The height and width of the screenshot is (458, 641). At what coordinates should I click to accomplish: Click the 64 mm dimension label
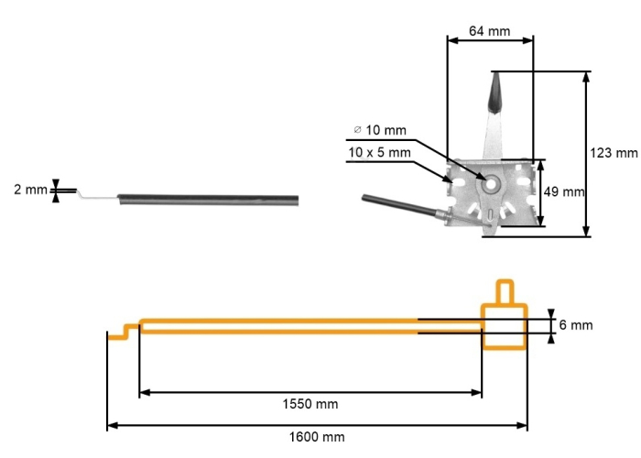(x=489, y=31)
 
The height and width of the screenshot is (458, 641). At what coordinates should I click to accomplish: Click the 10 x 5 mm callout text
(x=379, y=152)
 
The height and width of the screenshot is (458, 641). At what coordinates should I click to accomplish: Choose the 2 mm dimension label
(x=29, y=191)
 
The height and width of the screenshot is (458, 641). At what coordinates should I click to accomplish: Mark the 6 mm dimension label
(x=576, y=325)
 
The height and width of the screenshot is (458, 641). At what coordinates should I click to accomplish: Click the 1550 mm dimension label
(x=310, y=404)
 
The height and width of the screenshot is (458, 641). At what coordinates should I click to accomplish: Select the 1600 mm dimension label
(x=317, y=437)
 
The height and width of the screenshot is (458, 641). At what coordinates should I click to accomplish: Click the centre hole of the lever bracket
(x=491, y=183)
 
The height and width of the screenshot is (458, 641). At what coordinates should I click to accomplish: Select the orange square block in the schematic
(x=505, y=325)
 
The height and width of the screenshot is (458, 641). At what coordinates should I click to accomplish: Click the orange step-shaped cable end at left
(x=123, y=331)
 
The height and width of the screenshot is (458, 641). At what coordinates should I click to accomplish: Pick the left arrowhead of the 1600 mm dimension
(x=112, y=425)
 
